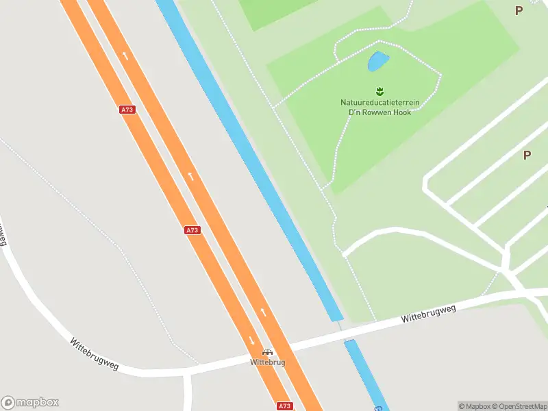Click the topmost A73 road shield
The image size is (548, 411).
(126, 110)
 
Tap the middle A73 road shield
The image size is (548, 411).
(192, 230)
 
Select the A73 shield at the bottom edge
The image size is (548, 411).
(285, 406)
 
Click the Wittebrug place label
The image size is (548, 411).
(267, 362)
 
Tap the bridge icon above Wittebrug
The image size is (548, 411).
(267, 352)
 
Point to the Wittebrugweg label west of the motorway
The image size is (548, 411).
(95, 353)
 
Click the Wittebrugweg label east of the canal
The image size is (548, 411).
(429, 314)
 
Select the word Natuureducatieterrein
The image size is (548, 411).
(379, 103)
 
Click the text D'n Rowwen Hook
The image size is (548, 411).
(379, 112)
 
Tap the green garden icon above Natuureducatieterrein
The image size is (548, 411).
(379, 91)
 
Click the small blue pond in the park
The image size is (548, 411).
(378, 62)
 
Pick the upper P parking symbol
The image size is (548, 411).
(519, 10)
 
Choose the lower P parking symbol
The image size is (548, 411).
(527, 155)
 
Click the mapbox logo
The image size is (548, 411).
(30, 403)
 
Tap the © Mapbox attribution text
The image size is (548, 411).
(474, 406)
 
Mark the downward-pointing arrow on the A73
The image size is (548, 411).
(251, 340)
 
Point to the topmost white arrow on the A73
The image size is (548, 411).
(125, 54)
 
